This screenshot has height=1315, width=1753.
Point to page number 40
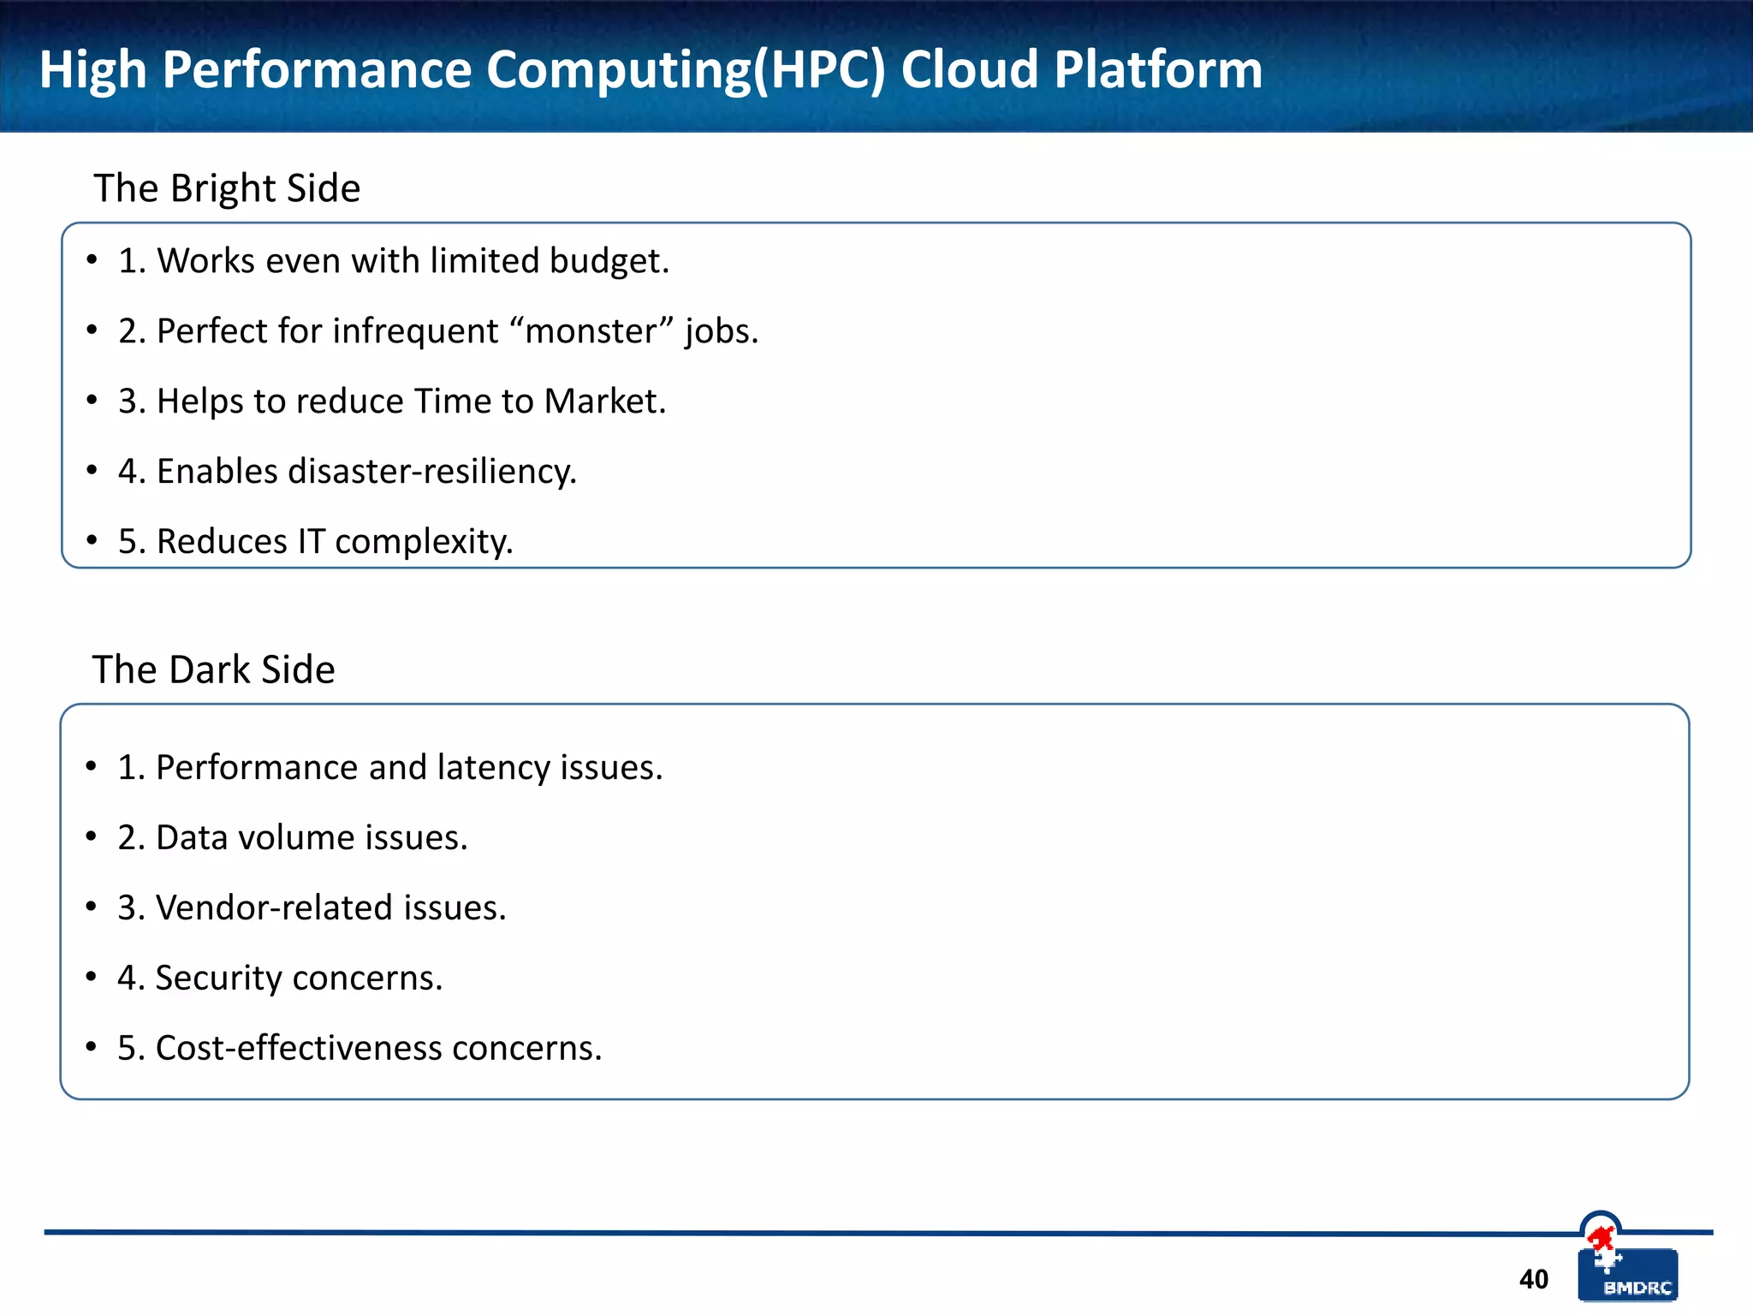coord(1533,1279)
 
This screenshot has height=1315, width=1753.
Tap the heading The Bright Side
coord(227,188)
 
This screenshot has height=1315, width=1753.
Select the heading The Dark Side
coord(213,669)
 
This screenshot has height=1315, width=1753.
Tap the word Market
coord(604,401)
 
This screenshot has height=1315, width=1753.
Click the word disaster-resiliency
coord(432,472)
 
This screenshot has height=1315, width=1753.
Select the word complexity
coord(424,542)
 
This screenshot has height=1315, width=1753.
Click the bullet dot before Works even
coord(92,259)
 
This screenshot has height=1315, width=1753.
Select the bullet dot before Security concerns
coord(91,976)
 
